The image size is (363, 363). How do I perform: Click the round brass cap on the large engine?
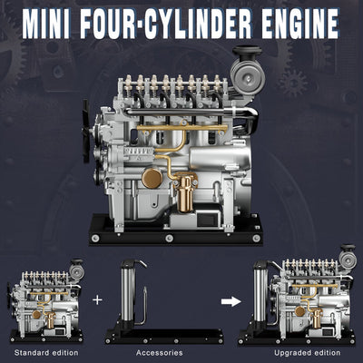click(x=152, y=178)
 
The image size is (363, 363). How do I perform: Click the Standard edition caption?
click(x=45, y=351)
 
